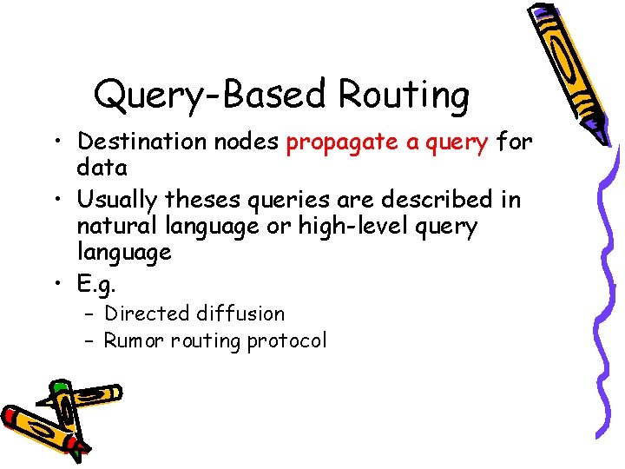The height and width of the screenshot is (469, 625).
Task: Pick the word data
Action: (102, 167)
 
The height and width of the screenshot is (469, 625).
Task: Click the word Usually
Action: (117, 200)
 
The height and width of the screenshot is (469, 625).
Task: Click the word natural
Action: (109, 226)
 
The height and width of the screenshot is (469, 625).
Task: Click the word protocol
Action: (287, 340)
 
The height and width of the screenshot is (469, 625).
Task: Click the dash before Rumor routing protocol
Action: (90, 340)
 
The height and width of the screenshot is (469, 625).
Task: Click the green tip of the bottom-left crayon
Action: (60, 387)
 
